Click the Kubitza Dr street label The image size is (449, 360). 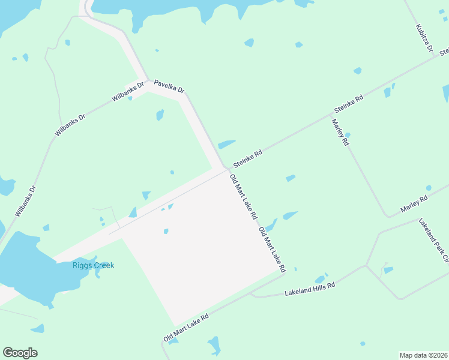click(424, 38)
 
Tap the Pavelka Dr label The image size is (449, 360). click(169, 86)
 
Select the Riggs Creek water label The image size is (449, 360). click(93, 265)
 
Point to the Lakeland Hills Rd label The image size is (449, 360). click(309, 290)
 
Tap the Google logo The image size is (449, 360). click(20, 353)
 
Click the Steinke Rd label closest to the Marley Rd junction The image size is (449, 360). click(349, 104)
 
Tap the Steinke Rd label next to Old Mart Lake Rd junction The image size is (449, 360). click(248, 158)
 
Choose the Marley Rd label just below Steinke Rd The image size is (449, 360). click(340, 133)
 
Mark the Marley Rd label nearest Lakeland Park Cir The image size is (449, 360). click(414, 203)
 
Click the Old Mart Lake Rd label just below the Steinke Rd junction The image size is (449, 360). click(243, 196)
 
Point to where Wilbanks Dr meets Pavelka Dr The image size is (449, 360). click(147, 82)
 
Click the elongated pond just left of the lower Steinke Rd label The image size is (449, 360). click(226, 144)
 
